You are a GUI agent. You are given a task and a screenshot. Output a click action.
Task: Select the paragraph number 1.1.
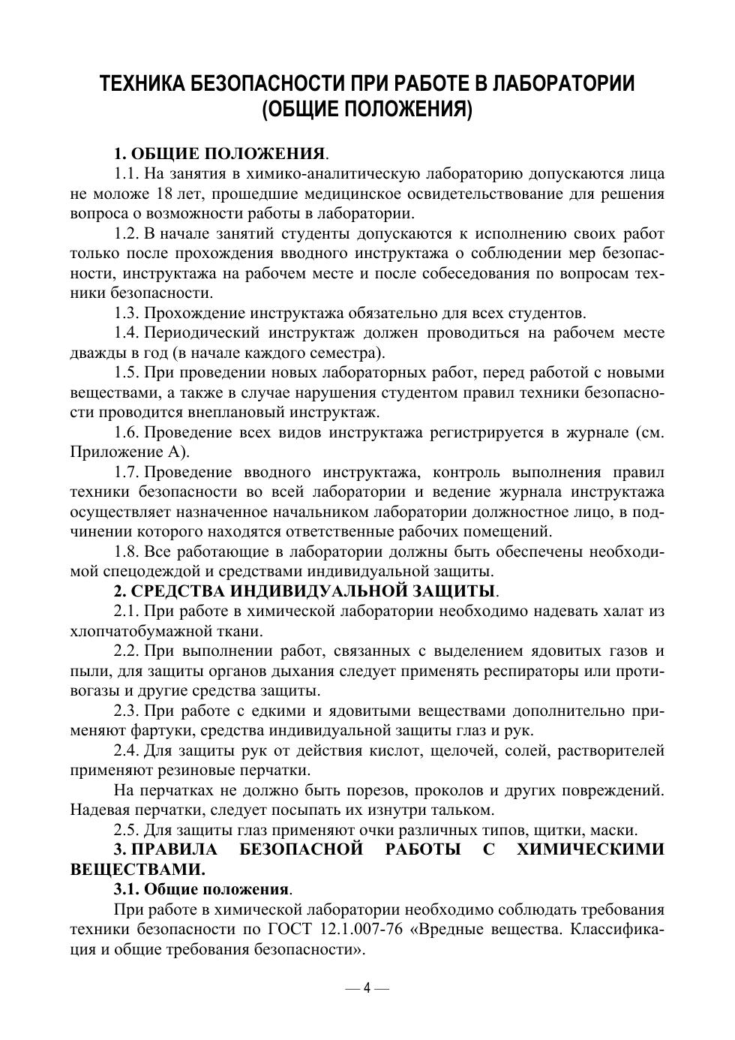pyautogui.click(x=127, y=175)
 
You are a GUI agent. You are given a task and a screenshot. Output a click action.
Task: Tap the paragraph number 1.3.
pyautogui.click(x=127, y=313)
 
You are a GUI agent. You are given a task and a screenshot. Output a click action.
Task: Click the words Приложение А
pyautogui.click(x=129, y=452)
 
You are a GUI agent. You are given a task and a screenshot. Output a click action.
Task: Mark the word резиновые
pyautogui.click(x=196, y=770)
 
